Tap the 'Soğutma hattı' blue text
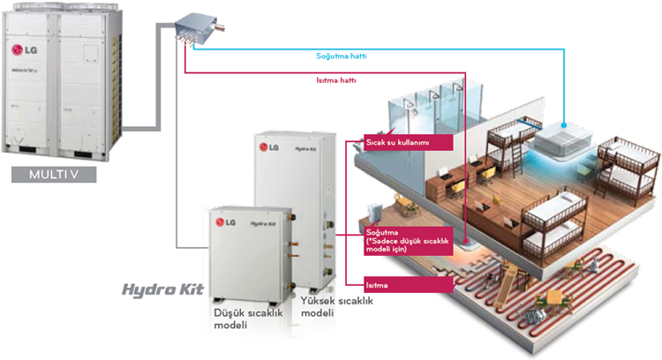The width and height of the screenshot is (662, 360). [x=342, y=56]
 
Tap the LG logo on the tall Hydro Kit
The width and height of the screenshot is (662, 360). [x=274, y=148]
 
